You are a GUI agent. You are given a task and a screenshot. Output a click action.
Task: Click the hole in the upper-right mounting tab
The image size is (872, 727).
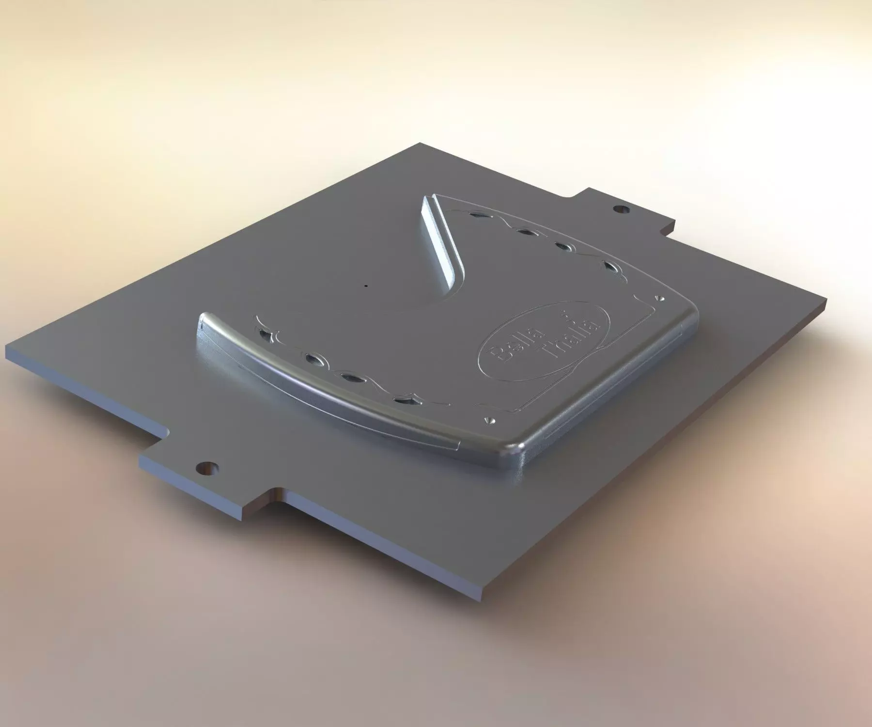[620, 210]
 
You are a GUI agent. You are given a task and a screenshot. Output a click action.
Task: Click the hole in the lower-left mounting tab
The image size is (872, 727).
[207, 468]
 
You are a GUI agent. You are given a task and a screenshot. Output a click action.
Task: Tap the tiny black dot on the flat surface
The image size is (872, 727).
[366, 286]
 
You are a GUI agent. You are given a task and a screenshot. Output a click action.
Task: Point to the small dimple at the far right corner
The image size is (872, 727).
[659, 297]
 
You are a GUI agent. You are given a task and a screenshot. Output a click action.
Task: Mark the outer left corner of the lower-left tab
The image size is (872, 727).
[140, 458]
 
